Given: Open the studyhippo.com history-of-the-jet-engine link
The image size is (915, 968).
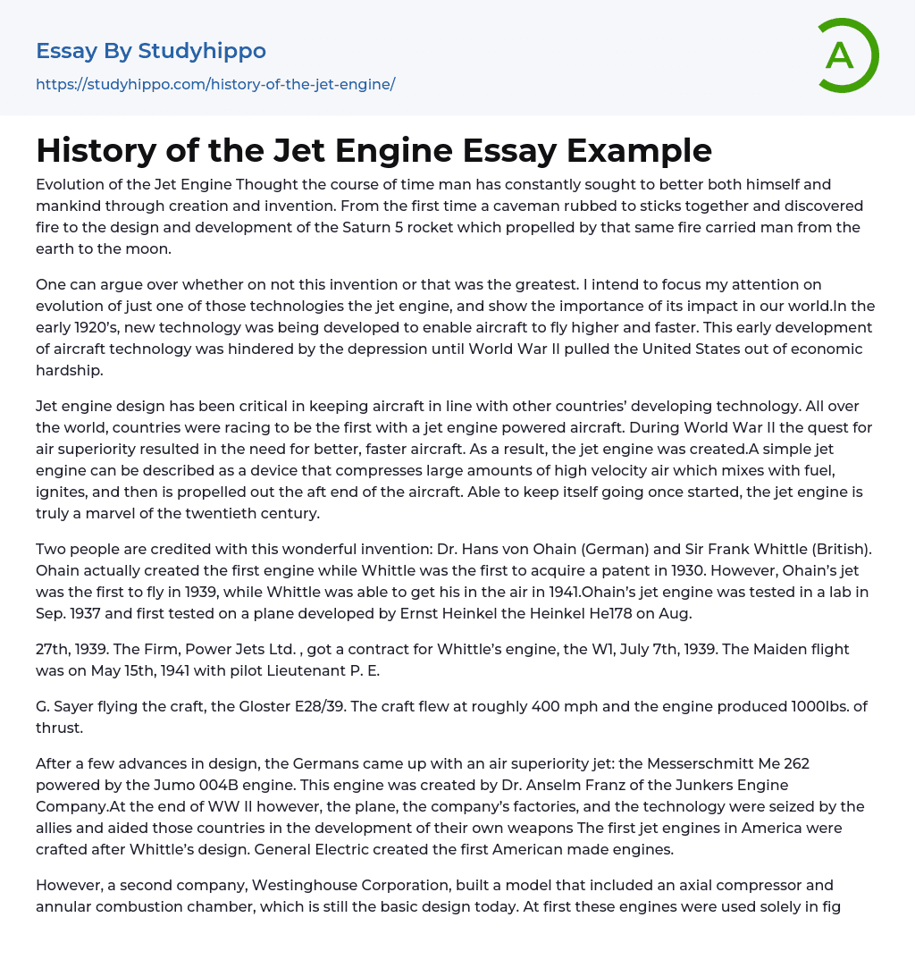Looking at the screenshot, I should point(215,84).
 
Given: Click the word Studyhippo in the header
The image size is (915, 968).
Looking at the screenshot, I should point(202,51).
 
